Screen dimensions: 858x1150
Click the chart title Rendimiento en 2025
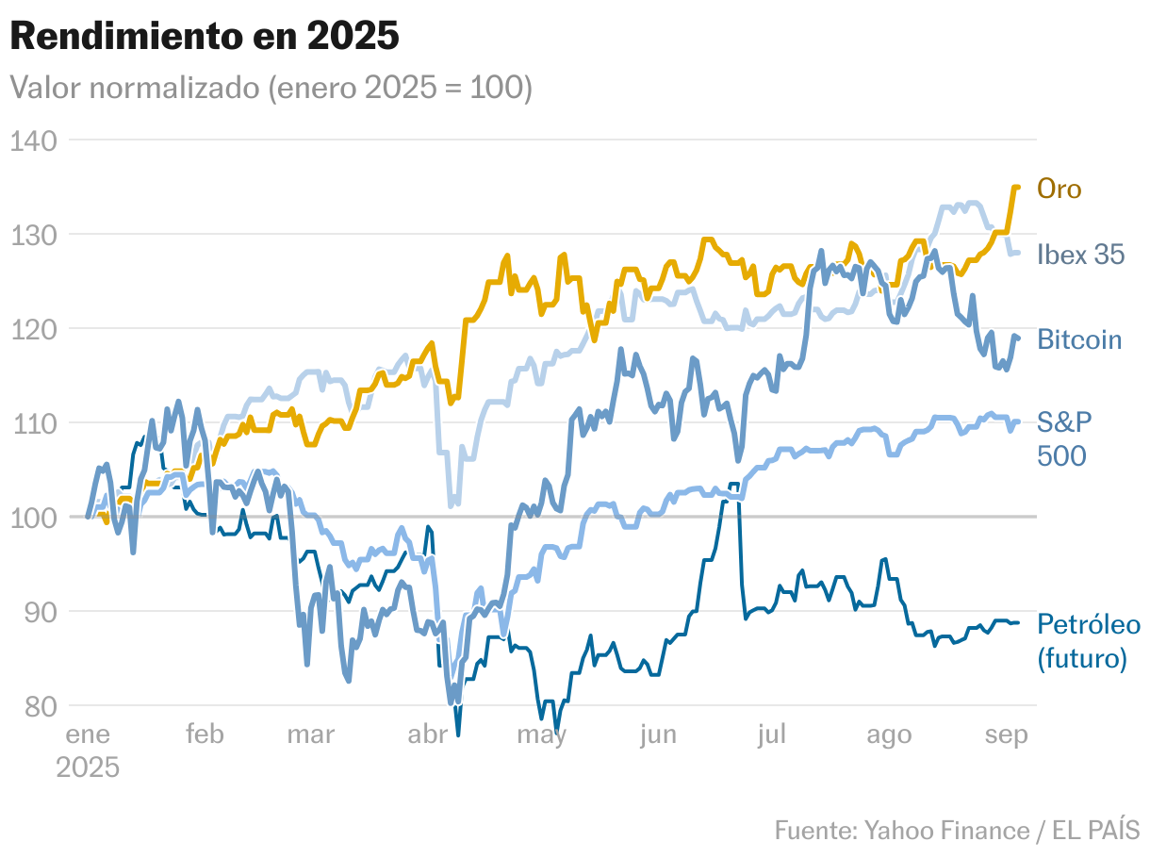click(x=205, y=37)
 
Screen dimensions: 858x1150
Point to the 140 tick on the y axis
click(x=35, y=140)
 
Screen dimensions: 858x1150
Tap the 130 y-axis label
click(x=35, y=235)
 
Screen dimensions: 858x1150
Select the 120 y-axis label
click(x=35, y=329)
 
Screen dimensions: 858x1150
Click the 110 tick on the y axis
click(x=35, y=423)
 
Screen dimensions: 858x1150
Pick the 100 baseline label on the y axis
click(x=35, y=518)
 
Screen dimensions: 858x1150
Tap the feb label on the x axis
click(x=205, y=734)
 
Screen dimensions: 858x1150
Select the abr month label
click(x=427, y=734)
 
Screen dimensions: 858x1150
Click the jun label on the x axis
click(x=657, y=734)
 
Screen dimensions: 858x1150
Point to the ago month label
click(x=889, y=734)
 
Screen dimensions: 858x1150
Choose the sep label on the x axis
click(x=1006, y=734)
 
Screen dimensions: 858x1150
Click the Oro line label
click(x=1059, y=189)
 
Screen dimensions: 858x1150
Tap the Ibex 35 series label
click(x=1080, y=255)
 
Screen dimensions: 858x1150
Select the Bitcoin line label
click(x=1079, y=339)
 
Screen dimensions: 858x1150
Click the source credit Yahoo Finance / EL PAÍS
click(x=957, y=830)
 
